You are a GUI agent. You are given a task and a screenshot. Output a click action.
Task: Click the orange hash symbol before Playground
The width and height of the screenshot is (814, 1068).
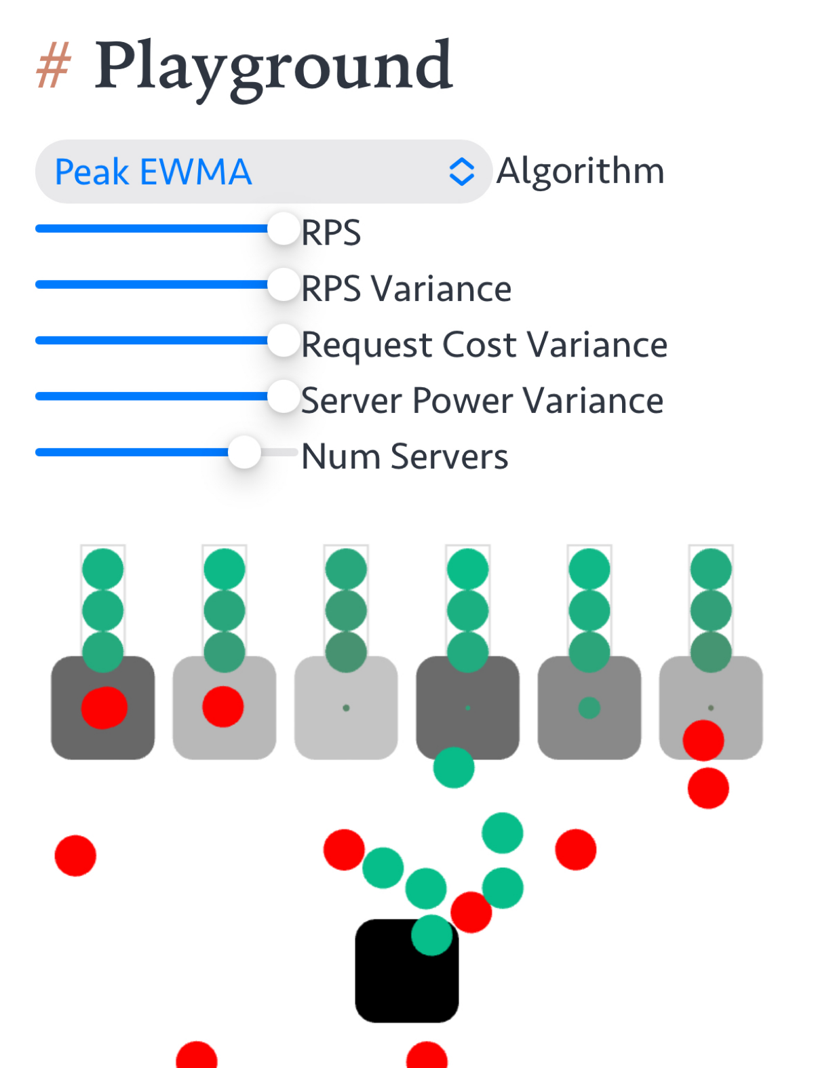(x=54, y=65)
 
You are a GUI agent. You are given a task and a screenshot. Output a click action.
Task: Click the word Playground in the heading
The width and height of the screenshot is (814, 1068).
(x=273, y=68)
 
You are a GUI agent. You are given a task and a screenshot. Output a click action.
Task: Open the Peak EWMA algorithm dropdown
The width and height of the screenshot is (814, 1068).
(x=264, y=172)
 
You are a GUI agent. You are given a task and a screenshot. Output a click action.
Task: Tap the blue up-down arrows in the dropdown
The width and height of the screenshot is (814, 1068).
(x=461, y=172)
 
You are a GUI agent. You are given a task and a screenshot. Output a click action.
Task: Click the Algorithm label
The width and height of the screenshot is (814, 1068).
(x=580, y=171)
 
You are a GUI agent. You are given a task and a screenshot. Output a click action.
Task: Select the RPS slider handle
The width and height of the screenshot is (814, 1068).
(x=283, y=229)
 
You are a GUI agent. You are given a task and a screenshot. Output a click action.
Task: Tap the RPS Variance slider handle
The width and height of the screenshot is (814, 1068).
(x=283, y=285)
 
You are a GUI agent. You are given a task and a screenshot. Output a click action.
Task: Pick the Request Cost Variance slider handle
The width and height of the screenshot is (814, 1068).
(x=283, y=340)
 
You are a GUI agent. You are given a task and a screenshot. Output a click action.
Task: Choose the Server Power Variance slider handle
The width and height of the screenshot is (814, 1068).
(x=283, y=396)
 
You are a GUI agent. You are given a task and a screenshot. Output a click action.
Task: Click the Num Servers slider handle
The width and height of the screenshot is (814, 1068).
(x=244, y=452)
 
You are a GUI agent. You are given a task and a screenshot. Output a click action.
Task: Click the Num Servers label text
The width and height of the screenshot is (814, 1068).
(x=405, y=456)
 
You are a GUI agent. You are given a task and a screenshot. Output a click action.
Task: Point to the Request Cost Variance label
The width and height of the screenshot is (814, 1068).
(x=484, y=345)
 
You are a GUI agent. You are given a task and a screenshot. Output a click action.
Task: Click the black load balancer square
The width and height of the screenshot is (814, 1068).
(x=407, y=970)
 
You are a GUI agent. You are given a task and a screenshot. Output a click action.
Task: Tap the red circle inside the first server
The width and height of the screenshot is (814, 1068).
(x=104, y=707)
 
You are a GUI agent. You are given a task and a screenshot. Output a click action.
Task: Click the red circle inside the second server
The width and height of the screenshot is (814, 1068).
(x=223, y=707)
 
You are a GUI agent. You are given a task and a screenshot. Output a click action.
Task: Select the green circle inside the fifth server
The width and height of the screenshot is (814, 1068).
(x=589, y=708)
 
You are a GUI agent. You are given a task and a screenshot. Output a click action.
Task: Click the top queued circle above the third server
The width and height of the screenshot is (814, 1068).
(x=346, y=570)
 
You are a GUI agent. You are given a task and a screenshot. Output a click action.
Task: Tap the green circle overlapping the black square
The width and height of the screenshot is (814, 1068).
(x=431, y=935)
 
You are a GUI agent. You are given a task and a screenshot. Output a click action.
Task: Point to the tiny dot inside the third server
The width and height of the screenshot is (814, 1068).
(x=346, y=708)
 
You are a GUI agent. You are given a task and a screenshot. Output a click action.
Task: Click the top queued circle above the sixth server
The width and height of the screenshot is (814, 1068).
(x=711, y=570)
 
